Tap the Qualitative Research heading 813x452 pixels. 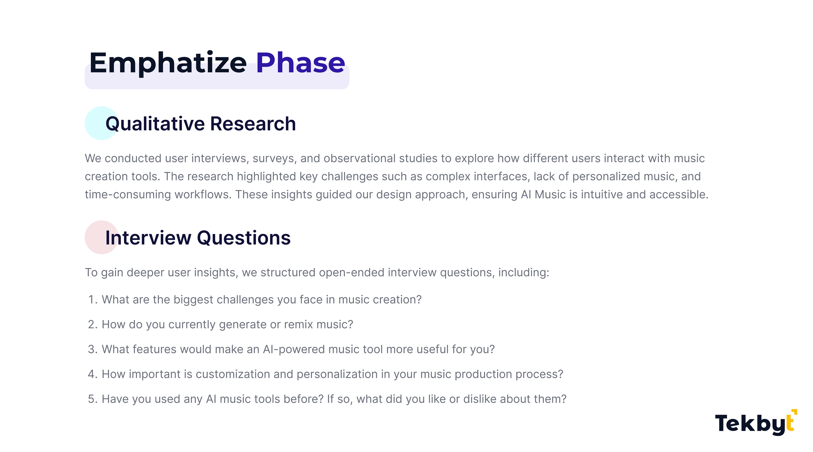click(x=201, y=124)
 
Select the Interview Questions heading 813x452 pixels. click(x=198, y=238)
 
